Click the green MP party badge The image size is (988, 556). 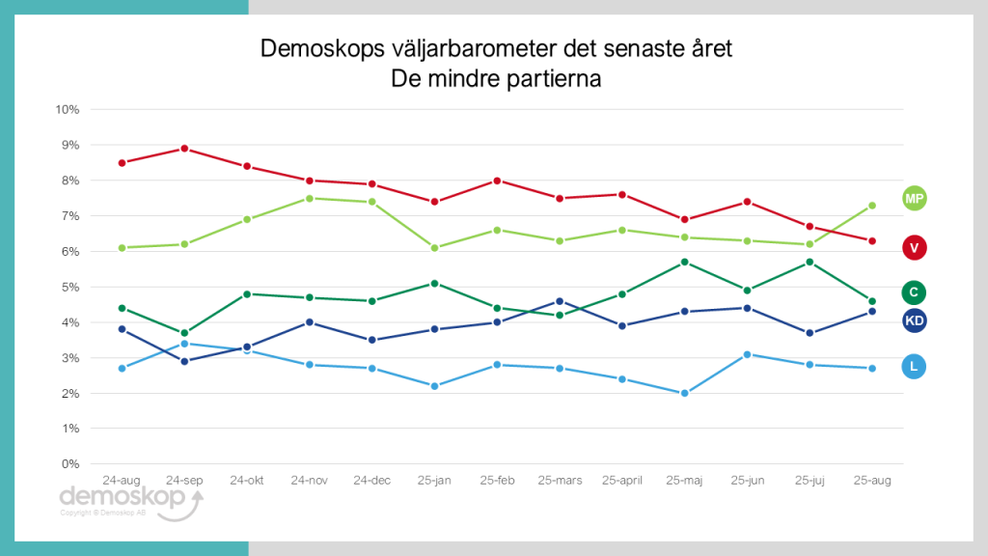[914, 198]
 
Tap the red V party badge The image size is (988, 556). [914, 248]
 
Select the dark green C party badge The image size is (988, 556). [914, 292]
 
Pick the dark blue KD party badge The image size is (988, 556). [914, 320]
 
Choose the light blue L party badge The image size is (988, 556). [914, 366]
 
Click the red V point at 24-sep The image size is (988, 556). [184, 149]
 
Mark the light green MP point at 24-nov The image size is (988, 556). [310, 198]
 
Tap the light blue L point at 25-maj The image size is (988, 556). [685, 393]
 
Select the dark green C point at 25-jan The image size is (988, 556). [435, 283]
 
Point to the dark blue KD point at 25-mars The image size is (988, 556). [560, 301]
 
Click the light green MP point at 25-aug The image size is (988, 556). [872, 206]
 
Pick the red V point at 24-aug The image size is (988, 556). [122, 162]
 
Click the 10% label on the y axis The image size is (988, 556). [67, 109]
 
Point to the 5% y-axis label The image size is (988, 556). [69, 287]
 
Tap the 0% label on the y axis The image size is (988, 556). [69, 464]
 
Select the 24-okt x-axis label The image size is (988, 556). [247, 480]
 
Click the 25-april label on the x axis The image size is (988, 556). [622, 480]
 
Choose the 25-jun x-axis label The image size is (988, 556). [748, 480]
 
